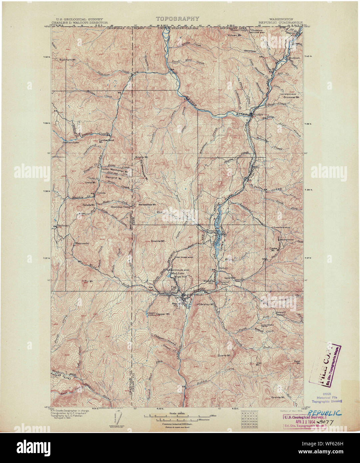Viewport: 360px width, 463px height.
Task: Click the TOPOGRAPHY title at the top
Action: point(177,19)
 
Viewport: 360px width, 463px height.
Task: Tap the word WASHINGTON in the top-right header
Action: point(282,20)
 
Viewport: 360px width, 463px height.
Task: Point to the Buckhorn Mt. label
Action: point(68,60)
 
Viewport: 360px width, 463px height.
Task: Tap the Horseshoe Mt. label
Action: point(147,205)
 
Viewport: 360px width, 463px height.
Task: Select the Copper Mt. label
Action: point(163,314)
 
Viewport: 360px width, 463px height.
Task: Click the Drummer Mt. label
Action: point(292,98)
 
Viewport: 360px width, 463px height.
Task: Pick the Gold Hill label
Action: point(230,278)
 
